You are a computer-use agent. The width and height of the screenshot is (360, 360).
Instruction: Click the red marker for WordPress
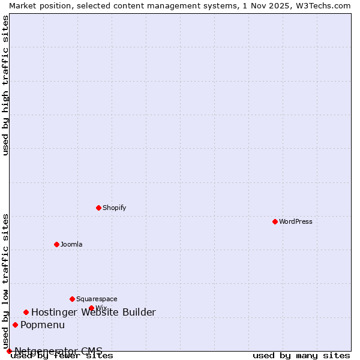[x=275, y=221]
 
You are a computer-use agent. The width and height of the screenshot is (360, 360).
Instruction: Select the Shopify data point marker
[x=98, y=208]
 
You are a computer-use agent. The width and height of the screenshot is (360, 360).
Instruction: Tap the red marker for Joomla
[x=56, y=244]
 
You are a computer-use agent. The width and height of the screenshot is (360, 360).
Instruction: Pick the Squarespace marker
[x=72, y=299]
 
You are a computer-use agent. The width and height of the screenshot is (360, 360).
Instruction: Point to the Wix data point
[x=91, y=308]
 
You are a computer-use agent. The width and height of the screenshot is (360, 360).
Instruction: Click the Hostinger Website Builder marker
[x=26, y=312]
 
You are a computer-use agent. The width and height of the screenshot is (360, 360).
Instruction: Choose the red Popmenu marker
[x=15, y=325]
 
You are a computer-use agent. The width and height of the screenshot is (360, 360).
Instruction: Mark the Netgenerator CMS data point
[x=9, y=351]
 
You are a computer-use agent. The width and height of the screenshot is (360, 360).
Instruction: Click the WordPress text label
[x=296, y=221]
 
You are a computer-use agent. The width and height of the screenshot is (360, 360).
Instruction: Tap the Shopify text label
[x=115, y=208]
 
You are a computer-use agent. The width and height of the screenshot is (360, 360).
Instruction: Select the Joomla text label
[x=71, y=244]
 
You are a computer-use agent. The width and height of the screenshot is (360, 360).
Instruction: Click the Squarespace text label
[x=97, y=299]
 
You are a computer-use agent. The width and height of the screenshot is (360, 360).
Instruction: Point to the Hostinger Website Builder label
[x=94, y=312]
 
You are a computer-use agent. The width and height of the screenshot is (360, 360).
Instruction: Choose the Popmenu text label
[x=43, y=325]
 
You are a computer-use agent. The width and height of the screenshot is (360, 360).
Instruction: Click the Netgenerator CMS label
[x=59, y=351]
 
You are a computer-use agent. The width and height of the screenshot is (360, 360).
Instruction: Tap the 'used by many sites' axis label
[x=301, y=355]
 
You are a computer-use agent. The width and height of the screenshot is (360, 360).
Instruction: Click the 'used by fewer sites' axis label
[x=62, y=355]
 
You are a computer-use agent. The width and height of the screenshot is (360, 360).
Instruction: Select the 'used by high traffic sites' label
[x=5, y=85]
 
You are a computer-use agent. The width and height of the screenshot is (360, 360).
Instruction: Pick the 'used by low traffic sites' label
[x=5, y=281]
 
